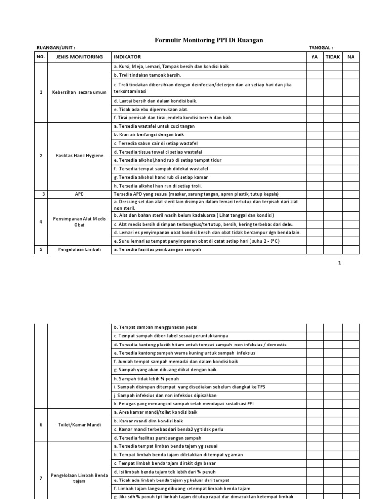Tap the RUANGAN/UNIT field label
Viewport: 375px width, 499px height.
tap(56, 48)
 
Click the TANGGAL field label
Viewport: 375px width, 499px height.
tap(321, 48)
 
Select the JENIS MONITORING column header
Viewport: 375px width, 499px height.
tap(80, 57)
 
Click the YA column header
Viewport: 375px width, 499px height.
tap(315, 57)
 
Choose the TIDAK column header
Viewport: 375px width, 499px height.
tap(333, 57)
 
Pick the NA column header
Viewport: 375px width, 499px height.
tap(351, 57)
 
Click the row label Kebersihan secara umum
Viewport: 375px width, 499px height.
tap(79, 92)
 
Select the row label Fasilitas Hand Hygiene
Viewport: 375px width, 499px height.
tap(79, 155)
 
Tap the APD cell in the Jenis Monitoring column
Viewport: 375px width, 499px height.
tap(79, 193)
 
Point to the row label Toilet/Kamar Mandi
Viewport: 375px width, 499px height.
tap(79, 425)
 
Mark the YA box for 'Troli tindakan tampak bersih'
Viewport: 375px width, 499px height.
tap(315, 75)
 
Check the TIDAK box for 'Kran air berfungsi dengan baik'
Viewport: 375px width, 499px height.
tap(333, 134)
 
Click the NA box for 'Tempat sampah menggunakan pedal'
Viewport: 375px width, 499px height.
tap(351, 327)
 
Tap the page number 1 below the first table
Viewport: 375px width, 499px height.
tap(339, 263)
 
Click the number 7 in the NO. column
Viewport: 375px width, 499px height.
tap(41, 478)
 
